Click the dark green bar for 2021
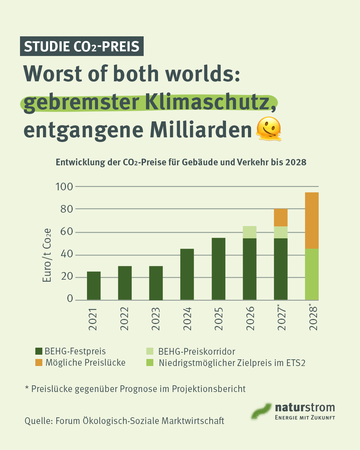tap(94, 286)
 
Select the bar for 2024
tap(187, 274)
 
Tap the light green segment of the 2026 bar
tap(250, 232)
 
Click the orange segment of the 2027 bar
tap(281, 217)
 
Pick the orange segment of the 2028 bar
tap(312, 220)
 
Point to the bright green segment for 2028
tap(312, 274)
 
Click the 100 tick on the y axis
tap(64, 187)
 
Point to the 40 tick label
tap(67, 254)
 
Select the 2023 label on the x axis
tap(156, 319)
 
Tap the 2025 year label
tap(219, 319)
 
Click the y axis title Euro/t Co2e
tap(47, 255)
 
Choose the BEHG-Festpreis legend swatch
tap(39, 351)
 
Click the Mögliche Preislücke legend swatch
tap(39, 363)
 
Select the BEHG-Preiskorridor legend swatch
tap(150, 351)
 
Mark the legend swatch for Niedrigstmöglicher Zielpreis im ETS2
tap(150, 363)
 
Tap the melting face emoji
tap(269, 129)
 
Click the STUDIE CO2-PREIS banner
tap(82, 46)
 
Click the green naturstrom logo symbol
tap(261, 411)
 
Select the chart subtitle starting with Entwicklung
tap(181, 162)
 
